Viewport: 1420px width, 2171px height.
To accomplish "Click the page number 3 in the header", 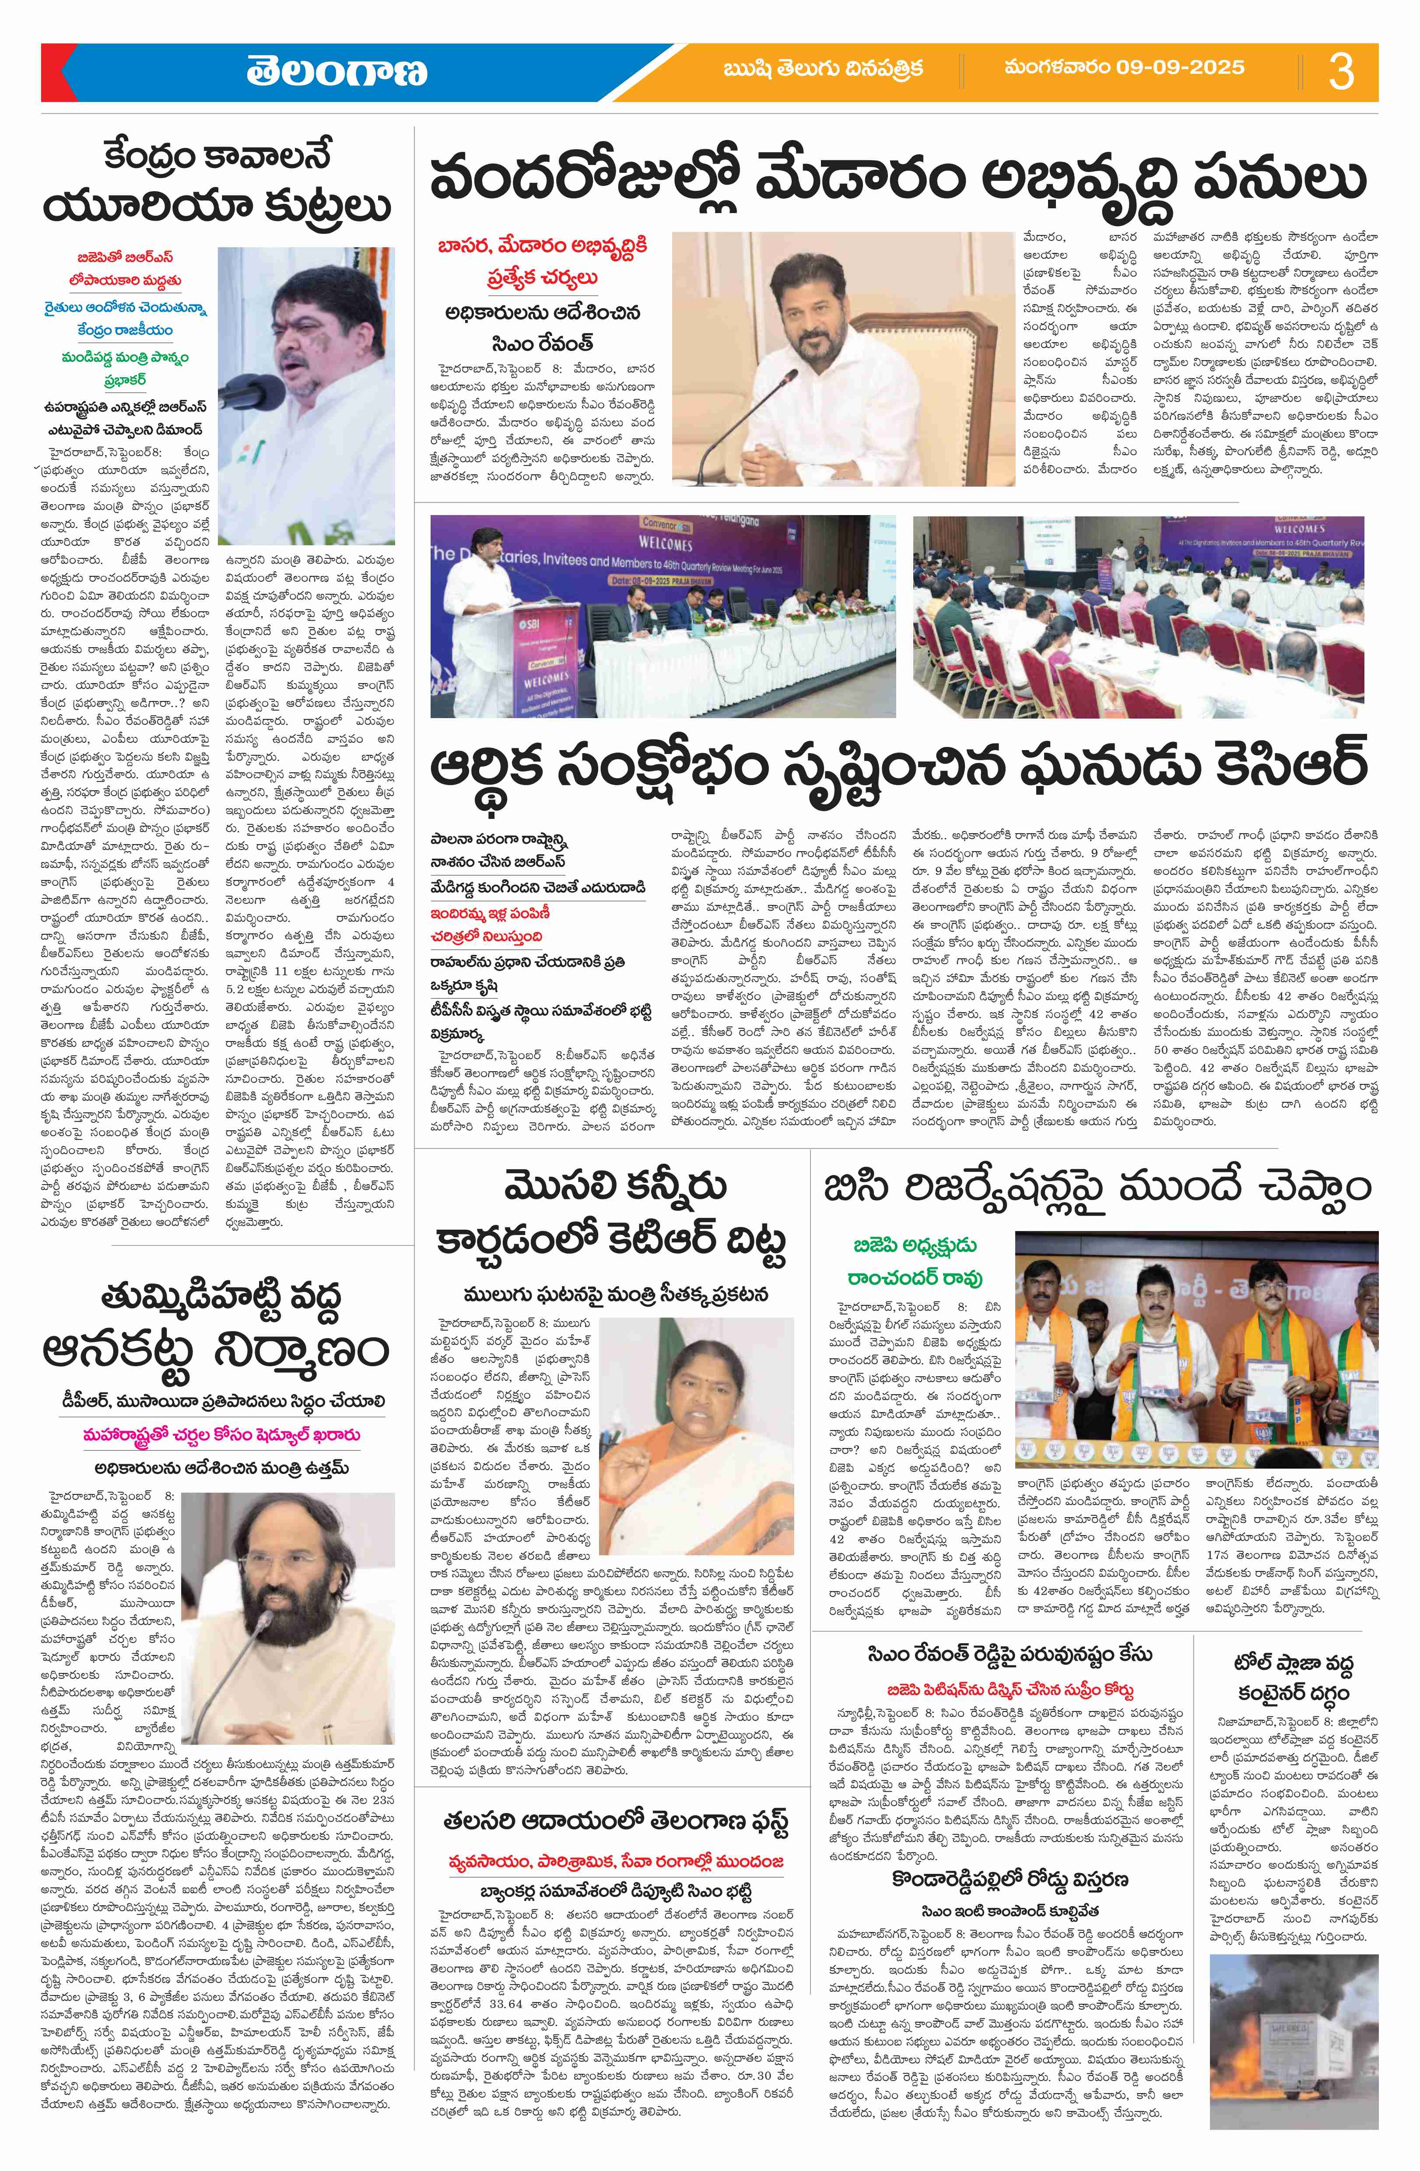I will click(1341, 71).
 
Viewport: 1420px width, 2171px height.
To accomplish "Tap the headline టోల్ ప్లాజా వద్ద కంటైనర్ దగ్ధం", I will click(1293, 1678).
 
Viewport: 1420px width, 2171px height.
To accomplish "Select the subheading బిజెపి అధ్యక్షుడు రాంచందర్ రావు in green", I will click(915, 1262).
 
